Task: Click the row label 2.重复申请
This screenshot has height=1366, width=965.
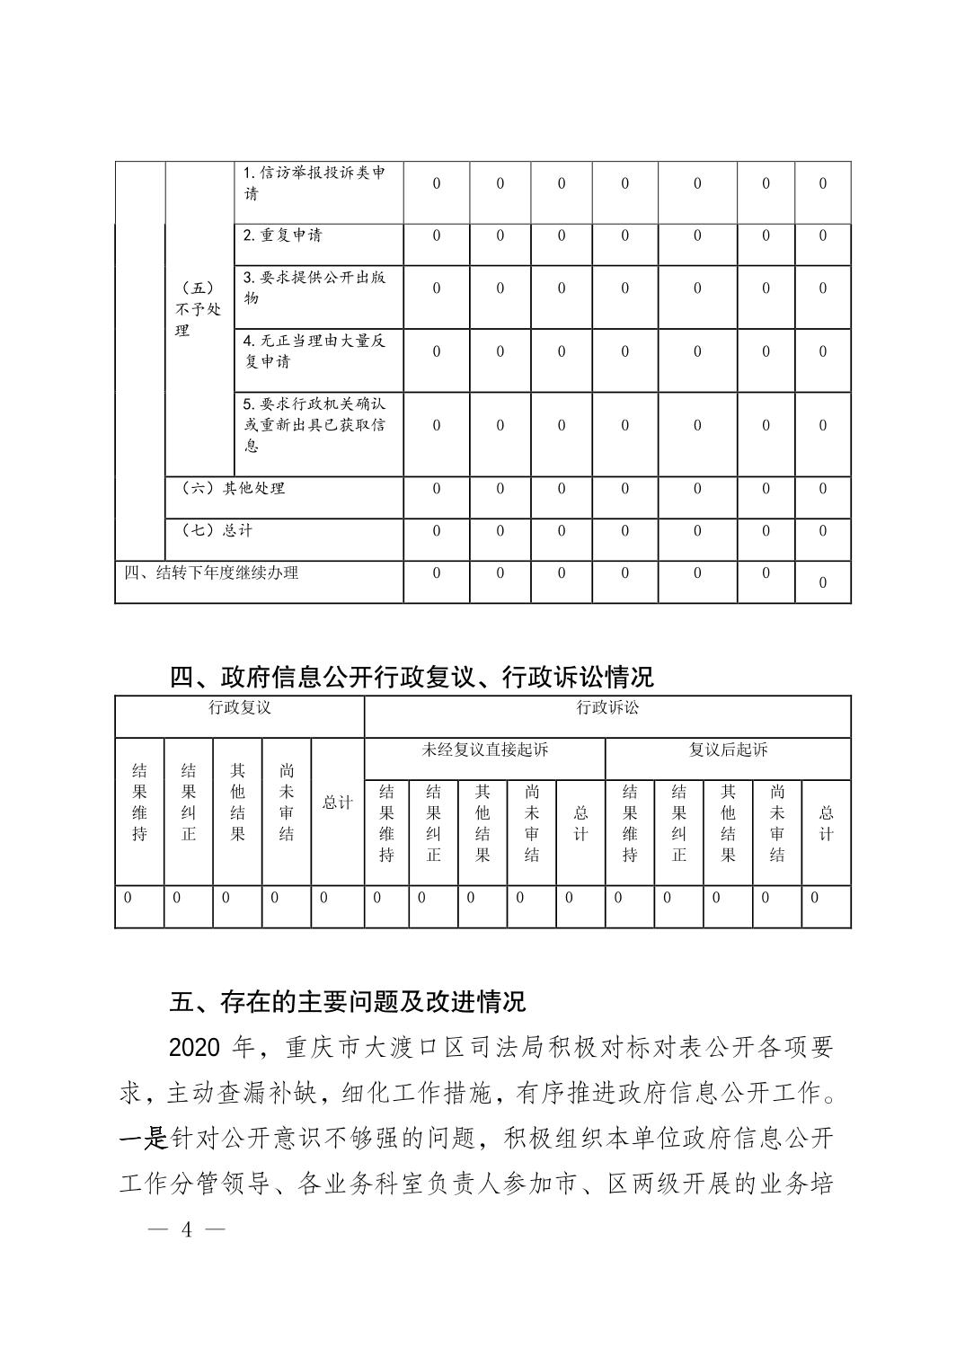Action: pyautogui.click(x=282, y=235)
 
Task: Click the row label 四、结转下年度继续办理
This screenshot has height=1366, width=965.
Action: pyautogui.click(x=211, y=572)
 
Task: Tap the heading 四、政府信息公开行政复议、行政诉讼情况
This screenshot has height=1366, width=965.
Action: pyautogui.click(x=412, y=676)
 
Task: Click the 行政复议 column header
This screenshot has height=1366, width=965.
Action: pyautogui.click(x=240, y=707)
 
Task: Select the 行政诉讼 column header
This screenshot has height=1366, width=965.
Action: pyautogui.click(x=607, y=707)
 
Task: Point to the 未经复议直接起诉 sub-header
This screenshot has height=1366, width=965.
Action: pyautogui.click(x=484, y=750)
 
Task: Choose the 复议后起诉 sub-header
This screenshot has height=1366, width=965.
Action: pyautogui.click(x=728, y=750)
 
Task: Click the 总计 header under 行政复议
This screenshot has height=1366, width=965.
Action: pyautogui.click(x=337, y=803)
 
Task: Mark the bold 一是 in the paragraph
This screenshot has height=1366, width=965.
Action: pyautogui.click(x=144, y=1139)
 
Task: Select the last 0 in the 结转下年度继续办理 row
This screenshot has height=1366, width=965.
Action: pyautogui.click(x=822, y=583)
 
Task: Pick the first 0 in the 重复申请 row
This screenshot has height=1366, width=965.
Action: pyautogui.click(x=437, y=235)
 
